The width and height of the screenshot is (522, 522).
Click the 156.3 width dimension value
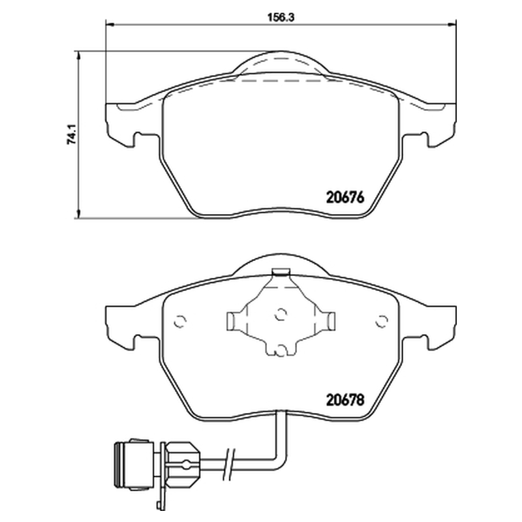[x=281, y=18]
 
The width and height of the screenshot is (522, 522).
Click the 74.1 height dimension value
[x=72, y=134]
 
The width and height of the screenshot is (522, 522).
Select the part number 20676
[x=345, y=197]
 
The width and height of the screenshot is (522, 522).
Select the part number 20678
[x=345, y=399]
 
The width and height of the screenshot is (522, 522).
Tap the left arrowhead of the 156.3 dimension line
[x=110, y=24]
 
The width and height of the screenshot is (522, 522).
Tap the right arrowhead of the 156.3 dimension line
[x=452, y=24]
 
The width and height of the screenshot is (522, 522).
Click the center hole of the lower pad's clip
[x=281, y=313]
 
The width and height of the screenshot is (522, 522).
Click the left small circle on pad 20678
[x=180, y=321]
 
